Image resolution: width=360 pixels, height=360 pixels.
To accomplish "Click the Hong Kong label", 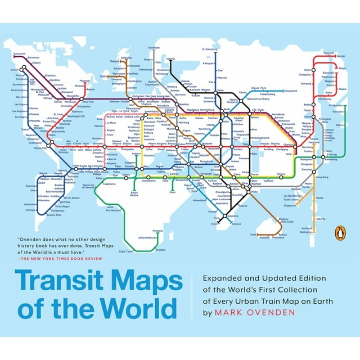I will pyautogui.click(x=322, y=177).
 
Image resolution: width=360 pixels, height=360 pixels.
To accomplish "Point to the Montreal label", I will pyautogui.click(x=84, y=81).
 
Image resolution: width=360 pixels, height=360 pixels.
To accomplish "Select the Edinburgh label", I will pyautogui.click(x=127, y=58).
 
